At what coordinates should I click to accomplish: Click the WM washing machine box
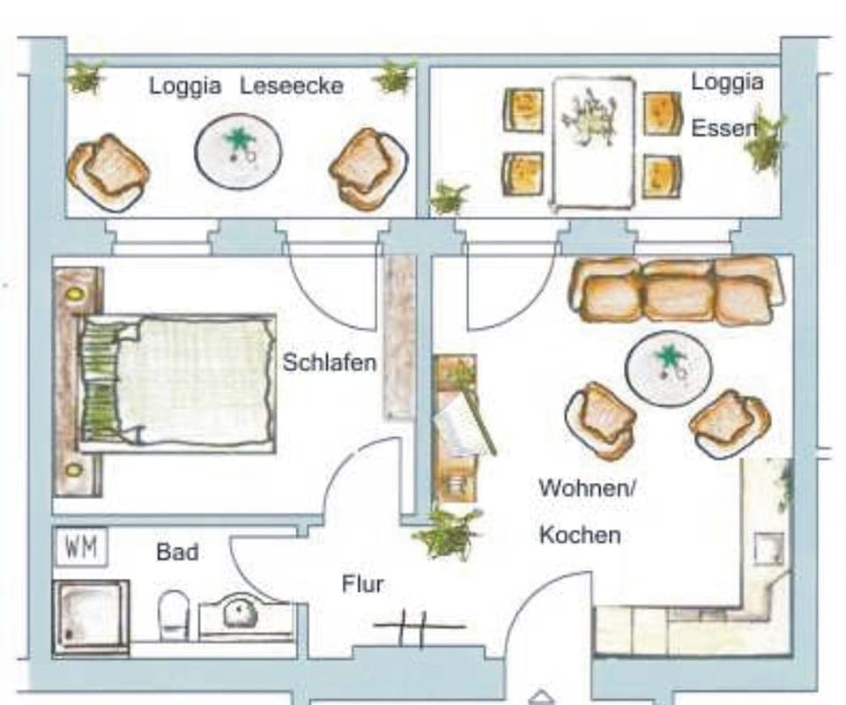[x=82, y=547]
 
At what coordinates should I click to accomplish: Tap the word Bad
[x=177, y=553]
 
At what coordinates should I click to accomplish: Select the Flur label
[x=363, y=583]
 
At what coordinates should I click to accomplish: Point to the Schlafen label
[x=330, y=362]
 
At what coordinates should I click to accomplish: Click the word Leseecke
[x=292, y=86]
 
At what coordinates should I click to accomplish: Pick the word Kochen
[x=580, y=535]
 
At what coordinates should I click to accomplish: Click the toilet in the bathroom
[x=174, y=613]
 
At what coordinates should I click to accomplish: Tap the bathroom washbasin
[x=240, y=612]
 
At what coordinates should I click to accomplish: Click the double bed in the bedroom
[x=176, y=381]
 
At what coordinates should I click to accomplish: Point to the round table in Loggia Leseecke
[x=238, y=151]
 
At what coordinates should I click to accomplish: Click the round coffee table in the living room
[x=668, y=368]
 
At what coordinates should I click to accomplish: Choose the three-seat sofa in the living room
[x=677, y=289]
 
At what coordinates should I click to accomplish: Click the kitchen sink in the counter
[x=768, y=549]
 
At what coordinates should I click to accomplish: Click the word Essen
[x=723, y=129]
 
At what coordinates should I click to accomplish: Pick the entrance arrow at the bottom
[x=540, y=697]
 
